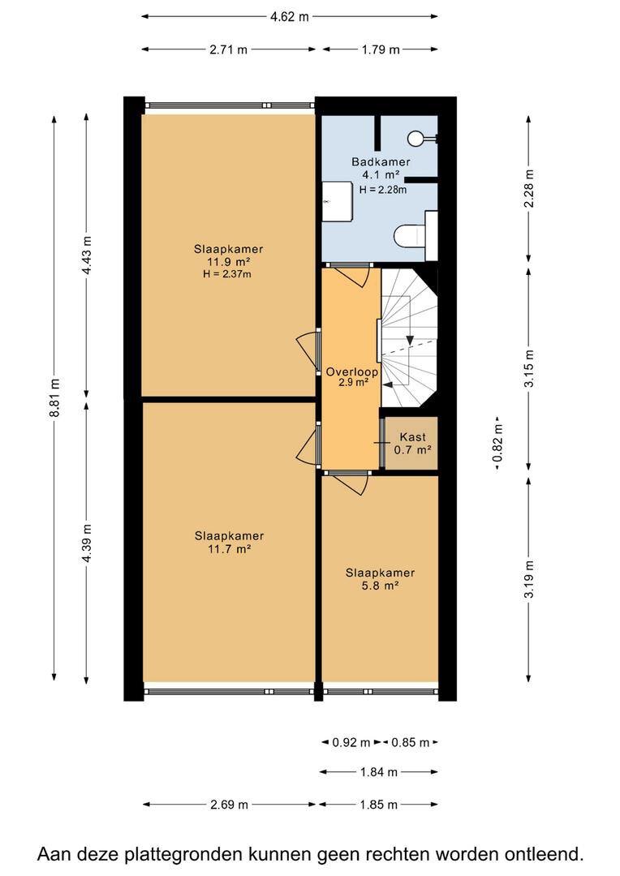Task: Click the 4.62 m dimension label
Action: [x=289, y=17]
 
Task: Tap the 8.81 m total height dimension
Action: [x=54, y=397]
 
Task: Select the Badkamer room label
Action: [x=381, y=162]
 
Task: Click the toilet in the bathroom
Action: [x=415, y=235]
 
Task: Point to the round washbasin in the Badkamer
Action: [x=416, y=137]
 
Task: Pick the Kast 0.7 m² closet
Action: [x=412, y=444]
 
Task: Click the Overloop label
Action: [x=351, y=371]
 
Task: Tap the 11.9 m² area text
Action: [x=228, y=261]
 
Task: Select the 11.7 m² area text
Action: [x=229, y=548]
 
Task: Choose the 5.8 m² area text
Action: [x=380, y=586]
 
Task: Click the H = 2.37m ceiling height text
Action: [x=227, y=274]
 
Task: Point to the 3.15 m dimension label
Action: [x=529, y=368]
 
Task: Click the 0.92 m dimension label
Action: [x=351, y=742]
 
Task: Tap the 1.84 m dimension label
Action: [x=379, y=772]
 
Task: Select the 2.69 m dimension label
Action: [x=229, y=805]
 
